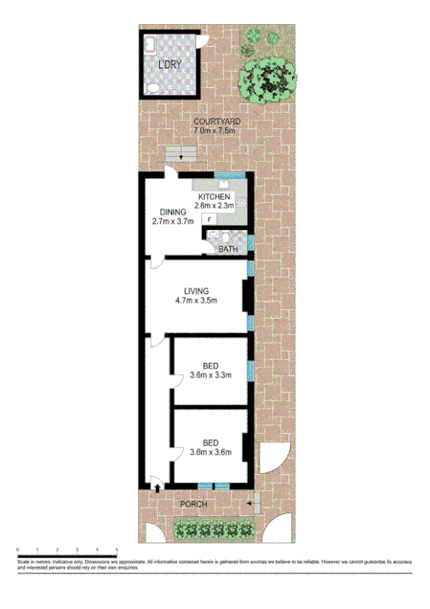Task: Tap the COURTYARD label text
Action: (x=215, y=122)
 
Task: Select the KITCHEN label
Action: (x=215, y=196)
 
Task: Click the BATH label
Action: (x=227, y=249)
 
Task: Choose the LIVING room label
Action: (x=196, y=291)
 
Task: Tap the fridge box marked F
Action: (x=209, y=219)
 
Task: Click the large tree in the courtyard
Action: (x=270, y=79)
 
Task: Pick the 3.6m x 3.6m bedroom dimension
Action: (x=211, y=453)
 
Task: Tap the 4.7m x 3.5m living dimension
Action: (x=196, y=302)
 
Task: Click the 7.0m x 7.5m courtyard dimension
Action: (x=215, y=132)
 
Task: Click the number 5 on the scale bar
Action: (x=117, y=549)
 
